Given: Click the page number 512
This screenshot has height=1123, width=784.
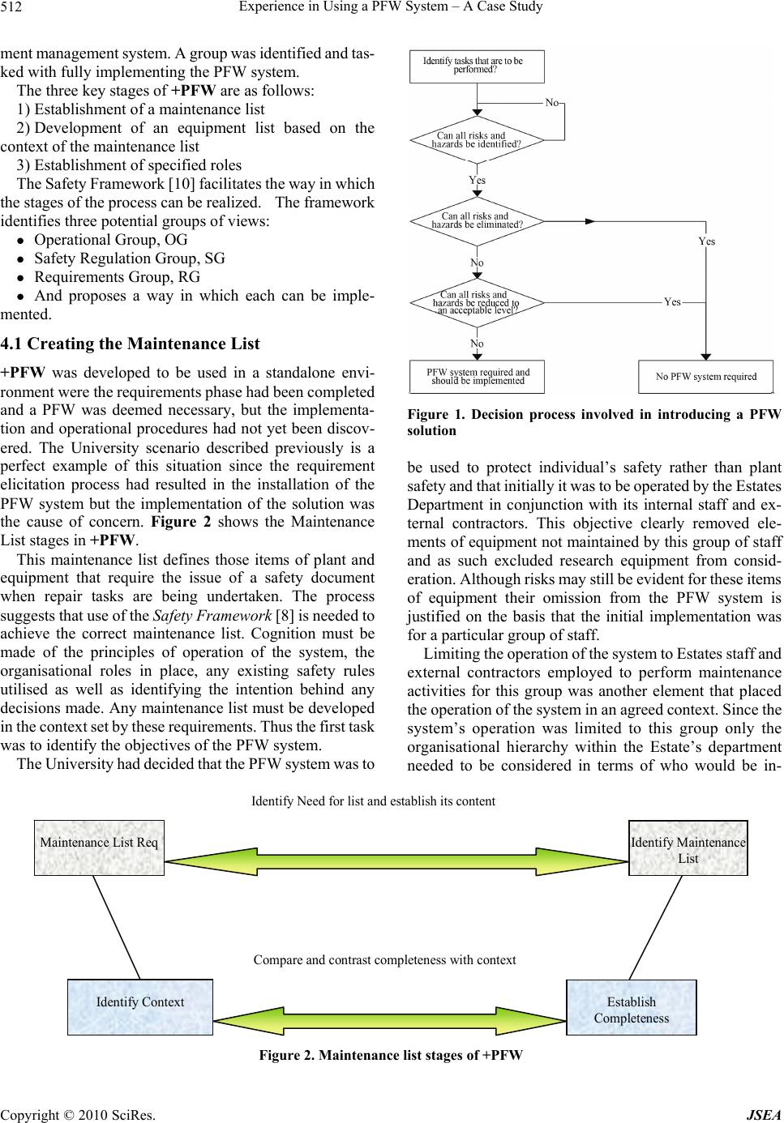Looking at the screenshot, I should click(x=16, y=8).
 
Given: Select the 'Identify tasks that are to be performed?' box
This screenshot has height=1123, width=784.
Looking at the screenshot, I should click(x=477, y=66).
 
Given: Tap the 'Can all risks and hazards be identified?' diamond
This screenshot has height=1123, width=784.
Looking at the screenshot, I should click(x=477, y=140).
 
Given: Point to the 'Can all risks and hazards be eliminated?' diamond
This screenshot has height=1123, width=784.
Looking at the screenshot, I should click(x=477, y=220).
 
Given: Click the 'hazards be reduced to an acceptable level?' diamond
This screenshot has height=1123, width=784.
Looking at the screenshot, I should click(x=477, y=302).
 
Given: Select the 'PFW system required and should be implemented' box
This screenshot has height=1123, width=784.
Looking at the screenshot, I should click(x=478, y=377).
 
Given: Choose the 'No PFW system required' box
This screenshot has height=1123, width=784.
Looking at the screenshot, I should click(x=706, y=377).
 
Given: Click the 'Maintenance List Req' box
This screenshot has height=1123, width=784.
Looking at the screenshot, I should click(x=99, y=848).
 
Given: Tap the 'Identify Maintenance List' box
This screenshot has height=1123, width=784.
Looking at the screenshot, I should click(x=688, y=848).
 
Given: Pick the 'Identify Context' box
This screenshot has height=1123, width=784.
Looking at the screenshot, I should click(x=139, y=1006).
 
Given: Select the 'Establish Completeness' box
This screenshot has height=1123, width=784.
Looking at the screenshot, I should click(x=631, y=1007).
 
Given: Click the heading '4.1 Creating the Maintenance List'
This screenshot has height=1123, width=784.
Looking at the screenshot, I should click(x=131, y=344).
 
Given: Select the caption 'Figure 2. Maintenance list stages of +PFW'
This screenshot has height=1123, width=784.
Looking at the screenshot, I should click(x=391, y=1056).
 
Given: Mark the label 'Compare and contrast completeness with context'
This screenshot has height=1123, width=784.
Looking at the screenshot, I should click(x=384, y=960).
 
